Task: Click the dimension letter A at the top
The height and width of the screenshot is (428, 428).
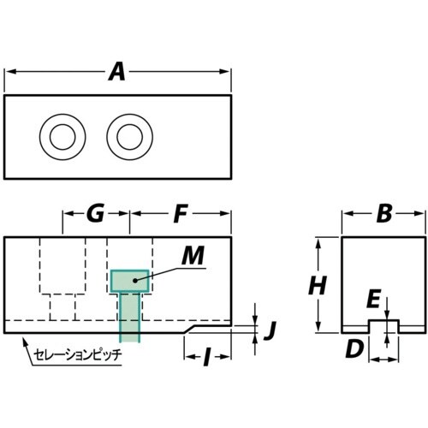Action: (x=117, y=73)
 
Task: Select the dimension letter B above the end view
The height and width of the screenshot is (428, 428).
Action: (x=383, y=214)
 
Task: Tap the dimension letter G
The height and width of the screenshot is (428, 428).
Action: (x=96, y=214)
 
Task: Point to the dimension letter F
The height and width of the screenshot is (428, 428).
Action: (x=180, y=214)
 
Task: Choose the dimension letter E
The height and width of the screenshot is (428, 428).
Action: (x=374, y=298)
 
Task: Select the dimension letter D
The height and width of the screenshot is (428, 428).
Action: (x=355, y=348)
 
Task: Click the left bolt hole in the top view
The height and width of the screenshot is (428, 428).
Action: (x=62, y=135)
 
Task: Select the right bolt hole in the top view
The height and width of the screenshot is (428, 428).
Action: (x=128, y=135)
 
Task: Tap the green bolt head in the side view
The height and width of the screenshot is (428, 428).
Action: (x=129, y=280)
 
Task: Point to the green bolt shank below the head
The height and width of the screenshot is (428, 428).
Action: (x=129, y=317)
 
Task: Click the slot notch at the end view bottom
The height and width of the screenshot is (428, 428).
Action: (x=383, y=326)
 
